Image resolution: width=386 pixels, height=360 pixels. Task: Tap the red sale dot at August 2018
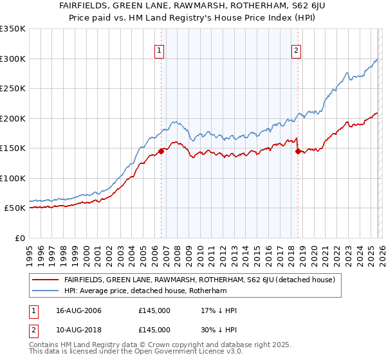(298, 151)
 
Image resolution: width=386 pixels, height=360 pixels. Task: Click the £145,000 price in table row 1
(154, 310)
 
